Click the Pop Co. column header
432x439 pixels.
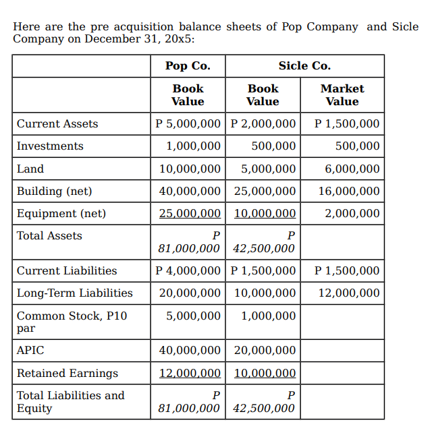point(188,65)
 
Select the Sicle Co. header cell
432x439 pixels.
point(304,65)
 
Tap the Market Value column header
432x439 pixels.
point(342,95)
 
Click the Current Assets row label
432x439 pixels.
point(57,124)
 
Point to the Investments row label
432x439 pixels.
point(50,146)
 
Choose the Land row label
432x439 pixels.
point(30,169)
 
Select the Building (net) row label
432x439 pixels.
point(54,191)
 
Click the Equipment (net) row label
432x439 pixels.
point(61,213)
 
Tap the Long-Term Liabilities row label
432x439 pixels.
point(75,293)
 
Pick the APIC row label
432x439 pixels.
point(30,351)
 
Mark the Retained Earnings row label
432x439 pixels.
point(67,373)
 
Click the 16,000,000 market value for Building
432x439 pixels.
point(349,191)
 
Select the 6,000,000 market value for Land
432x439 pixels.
point(352,169)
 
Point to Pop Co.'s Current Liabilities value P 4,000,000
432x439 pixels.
point(188,270)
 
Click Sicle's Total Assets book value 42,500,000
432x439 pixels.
point(263,249)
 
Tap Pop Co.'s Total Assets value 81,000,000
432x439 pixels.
point(188,249)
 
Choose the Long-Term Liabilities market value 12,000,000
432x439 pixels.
point(349,293)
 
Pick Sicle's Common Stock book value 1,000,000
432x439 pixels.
point(269,316)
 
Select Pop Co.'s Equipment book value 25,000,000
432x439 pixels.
point(190,213)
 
